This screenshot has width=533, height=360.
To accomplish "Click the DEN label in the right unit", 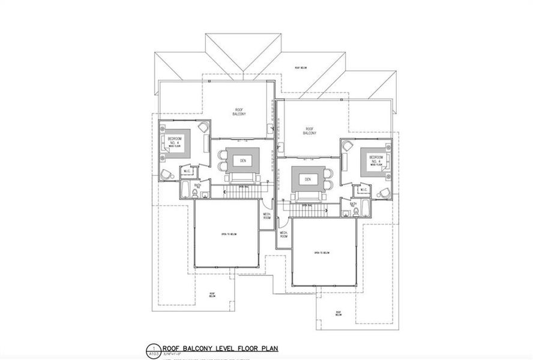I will click(308, 179).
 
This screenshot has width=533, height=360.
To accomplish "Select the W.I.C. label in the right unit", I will click(363, 190).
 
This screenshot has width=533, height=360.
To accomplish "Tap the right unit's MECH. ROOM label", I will click(283, 235).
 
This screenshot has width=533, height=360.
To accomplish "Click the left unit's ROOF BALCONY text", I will click(238, 111).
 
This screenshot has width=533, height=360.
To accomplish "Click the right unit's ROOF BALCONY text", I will click(310, 131).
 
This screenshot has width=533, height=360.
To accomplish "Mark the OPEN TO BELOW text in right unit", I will click(322, 253).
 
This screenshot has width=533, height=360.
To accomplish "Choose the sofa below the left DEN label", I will click(242, 178).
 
